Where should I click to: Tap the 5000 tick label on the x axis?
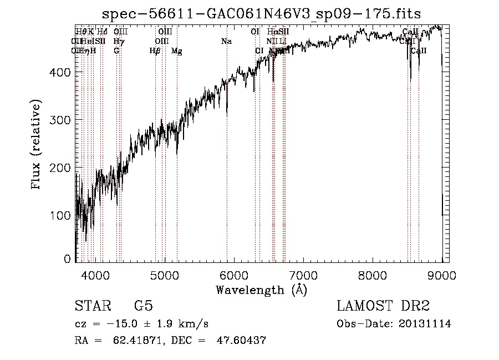165,274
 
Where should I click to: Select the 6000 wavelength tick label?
234,274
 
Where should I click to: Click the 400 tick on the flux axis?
62,72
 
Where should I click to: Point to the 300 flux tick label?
62,120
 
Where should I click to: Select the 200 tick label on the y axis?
62,168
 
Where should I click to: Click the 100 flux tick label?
62,215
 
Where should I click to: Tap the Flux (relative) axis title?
37,145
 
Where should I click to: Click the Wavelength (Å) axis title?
261,290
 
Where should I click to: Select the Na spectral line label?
226,42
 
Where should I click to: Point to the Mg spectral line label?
177,51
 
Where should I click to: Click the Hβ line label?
155,51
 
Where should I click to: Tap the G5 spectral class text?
144,306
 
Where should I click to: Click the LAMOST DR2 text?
383,306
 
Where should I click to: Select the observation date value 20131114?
427,324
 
